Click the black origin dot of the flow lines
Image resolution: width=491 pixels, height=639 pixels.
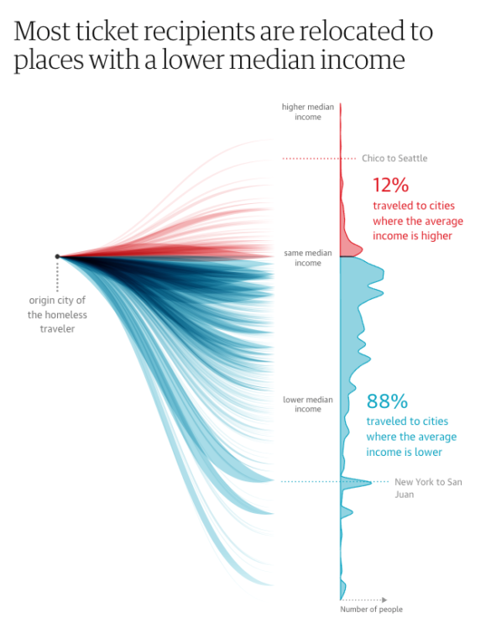[57, 256]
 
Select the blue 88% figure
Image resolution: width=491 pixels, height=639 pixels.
[387, 401]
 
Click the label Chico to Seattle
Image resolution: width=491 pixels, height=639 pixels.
[394, 158]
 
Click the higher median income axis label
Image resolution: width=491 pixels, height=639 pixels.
[308, 112]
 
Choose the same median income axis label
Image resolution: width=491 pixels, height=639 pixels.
[308, 258]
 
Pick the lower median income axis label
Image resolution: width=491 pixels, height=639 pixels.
[308, 404]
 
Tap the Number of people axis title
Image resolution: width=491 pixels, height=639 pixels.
[371, 610]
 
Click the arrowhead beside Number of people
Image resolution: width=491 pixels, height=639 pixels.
[384, 600]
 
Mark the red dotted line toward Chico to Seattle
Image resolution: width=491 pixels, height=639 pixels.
[311, 158]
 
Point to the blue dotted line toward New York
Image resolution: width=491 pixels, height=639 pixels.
[311, 481]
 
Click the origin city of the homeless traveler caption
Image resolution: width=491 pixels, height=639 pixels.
[58, 314]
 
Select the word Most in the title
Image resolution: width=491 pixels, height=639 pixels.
[42, 33]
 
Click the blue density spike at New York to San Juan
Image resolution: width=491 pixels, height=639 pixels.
[361, 482]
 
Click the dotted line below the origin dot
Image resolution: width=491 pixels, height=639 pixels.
[57, 275]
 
